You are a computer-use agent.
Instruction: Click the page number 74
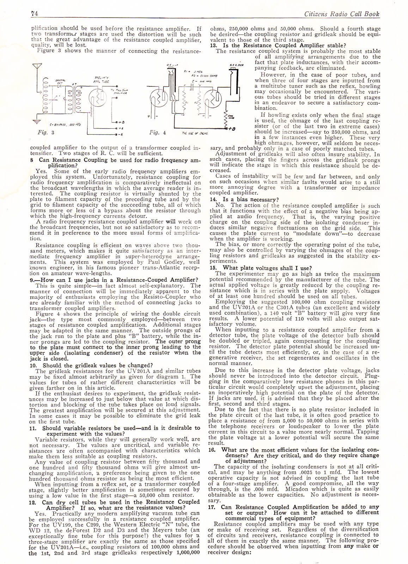click(34, 14)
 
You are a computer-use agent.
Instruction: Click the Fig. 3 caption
click(46, 133)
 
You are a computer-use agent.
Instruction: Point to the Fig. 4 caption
click(157, 133)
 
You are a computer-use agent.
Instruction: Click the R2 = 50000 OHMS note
click(204, 75)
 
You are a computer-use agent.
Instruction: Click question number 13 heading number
click(213, 45)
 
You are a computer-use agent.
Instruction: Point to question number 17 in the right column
click(212, 507)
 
